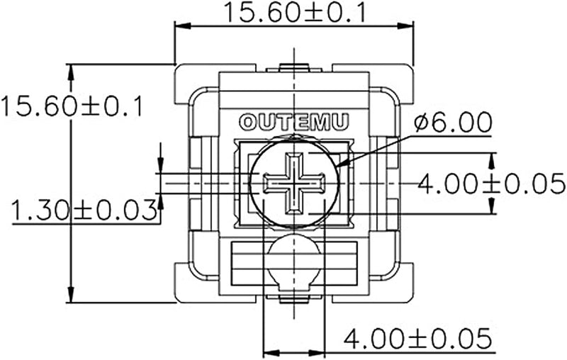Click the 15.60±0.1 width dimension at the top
[295, 12]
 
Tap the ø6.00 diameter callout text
[453, 122]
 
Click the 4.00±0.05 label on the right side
[491, 184]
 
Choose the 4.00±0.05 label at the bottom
[417, 338]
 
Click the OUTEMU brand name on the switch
[294, 122]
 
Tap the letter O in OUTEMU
[248, 122]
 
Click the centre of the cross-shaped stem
[294, 183]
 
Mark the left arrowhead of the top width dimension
[183, 26]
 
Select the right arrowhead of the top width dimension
[405, 26]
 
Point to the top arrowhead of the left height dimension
[71, 72]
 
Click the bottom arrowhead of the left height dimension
[71, 295]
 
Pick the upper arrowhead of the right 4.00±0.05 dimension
[491, 161]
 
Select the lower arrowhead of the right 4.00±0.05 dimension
[491, 206]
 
